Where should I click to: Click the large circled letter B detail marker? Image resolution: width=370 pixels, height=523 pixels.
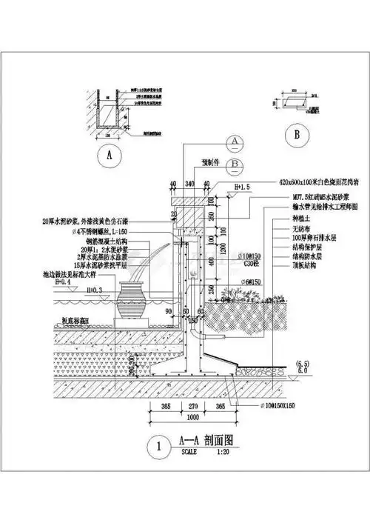coord(297,136)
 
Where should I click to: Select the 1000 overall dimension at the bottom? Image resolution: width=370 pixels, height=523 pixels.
coord(201,416)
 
